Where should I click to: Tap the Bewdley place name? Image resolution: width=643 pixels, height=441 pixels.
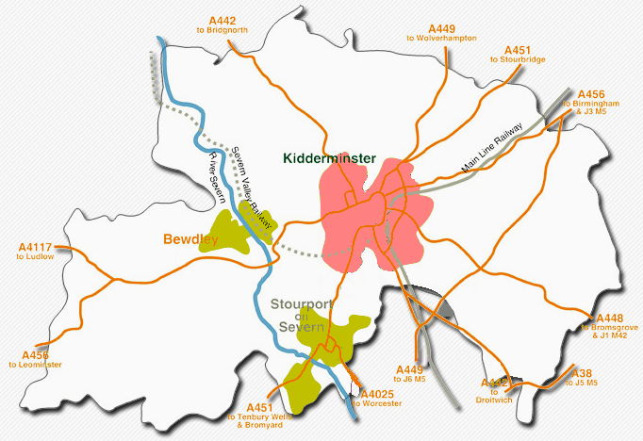pos(190,239)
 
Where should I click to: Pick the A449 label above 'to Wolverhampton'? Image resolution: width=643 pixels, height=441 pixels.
pos(441,28)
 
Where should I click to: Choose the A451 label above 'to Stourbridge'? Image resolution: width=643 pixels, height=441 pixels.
pos(518,50)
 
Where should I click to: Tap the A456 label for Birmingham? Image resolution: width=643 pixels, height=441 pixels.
pos(590,94)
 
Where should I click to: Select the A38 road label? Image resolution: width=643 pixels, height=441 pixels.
pos(583,373)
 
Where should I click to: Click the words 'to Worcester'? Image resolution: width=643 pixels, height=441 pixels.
pos(376,403)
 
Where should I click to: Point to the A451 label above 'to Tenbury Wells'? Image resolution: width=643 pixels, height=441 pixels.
pos(252,407)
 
